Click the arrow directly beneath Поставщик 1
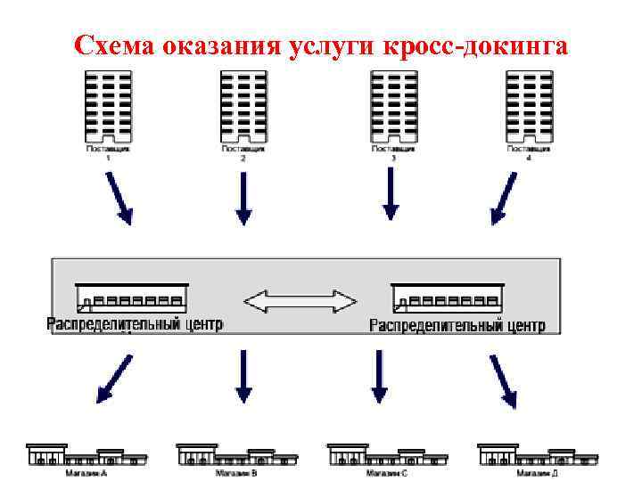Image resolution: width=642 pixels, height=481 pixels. coord(119,198)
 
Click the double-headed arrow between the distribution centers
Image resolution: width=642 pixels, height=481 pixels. coord(300,300)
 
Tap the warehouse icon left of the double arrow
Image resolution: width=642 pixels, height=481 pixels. coord(131,295)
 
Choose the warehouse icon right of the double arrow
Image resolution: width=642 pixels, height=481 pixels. coord(445,295)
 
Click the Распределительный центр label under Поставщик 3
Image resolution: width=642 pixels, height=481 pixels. coord(457,324)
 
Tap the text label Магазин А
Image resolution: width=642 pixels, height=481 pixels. coord(86,473)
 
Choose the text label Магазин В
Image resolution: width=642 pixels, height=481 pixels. coord(236,473)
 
